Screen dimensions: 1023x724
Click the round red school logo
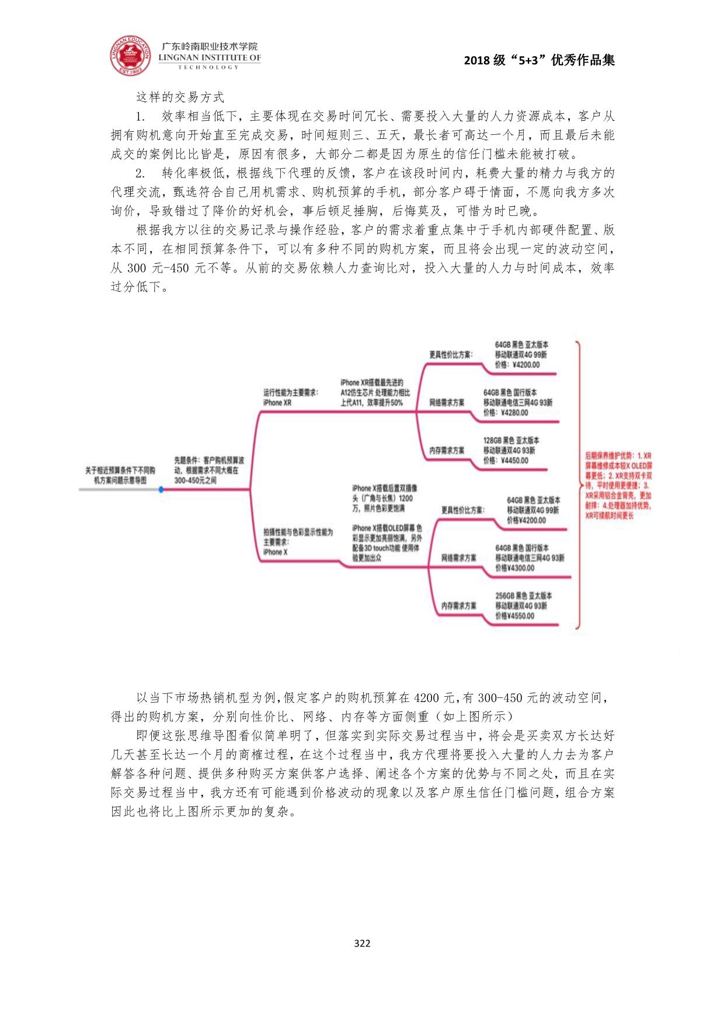(x=130, y=56)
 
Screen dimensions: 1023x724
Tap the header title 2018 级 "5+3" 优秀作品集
(x=539, y=60)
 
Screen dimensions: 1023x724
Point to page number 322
(x=362, y=943)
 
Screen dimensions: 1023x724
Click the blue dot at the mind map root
(x=161, y=489)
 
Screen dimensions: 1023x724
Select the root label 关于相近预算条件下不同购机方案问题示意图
(x=120, y=475)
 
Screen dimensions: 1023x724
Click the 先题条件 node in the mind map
(x=209, y=470)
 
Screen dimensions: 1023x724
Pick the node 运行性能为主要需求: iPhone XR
(x=290, y=397)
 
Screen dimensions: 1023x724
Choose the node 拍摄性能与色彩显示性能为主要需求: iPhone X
(x=297, y=542)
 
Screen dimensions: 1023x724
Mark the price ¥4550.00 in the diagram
(x=514, y=616)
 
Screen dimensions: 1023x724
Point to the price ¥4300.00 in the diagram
(x=514, y=568)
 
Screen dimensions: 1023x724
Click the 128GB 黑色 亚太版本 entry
(x=511, y=441)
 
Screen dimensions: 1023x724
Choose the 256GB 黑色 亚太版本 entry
(x=523, y=596)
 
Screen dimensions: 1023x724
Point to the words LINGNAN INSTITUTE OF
(x=209, y=58)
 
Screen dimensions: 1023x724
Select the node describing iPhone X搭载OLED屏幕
(x=387, y=543)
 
